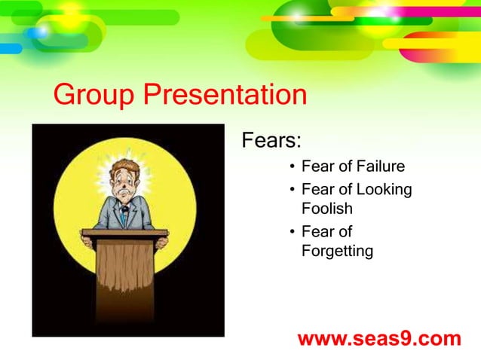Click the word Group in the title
click(94, 96)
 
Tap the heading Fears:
click(271, 141)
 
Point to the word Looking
click(384, 189)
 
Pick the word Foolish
click(326, 208)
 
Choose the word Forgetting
click(336, 251)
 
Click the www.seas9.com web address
click(378, 339)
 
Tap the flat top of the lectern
click(125, 233)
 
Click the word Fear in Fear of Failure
click(316, 166)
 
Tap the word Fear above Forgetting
click(316, 232)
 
